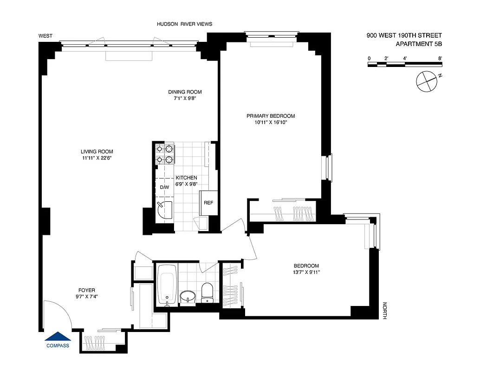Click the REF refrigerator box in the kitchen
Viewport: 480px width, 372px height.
pyautogui.click(x=208, y=203)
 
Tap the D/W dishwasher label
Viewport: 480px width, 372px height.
pyautogui.click(x=164, y=187)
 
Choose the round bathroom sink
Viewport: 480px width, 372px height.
pyautogui.click(x=188, y=296)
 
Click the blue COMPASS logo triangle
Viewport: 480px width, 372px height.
pyautogui.click(x=58, y=337)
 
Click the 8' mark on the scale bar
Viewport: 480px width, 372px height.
pyautogui.click(x=440, y=58)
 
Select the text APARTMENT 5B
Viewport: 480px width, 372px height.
pyautogui.click(x=419, y=44)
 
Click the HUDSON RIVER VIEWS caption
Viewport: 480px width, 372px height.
pyautogui.click(x=184, y=24)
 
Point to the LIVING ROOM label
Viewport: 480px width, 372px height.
pyautogui.click(x=97, y=152)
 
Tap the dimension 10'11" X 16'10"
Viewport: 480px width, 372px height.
pyautogui.click(x=271, y=123)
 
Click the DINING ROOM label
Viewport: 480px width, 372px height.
pyautogui.click(x=185, y=92)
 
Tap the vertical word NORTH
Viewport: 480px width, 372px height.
pyautogui.click(x=384, y=311)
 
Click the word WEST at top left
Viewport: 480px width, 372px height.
pyautogui.click(x=45, y=36)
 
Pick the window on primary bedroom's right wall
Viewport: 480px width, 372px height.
pyautogui.click(x=328, y=167)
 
